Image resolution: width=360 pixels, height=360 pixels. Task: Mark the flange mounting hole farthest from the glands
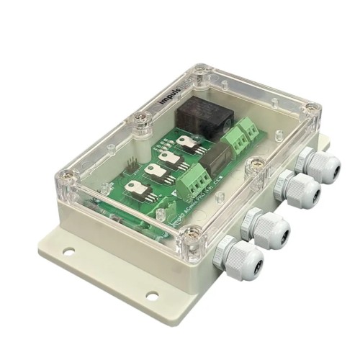click(68, 252)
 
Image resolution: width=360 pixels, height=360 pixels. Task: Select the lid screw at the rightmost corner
click(310, 109)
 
